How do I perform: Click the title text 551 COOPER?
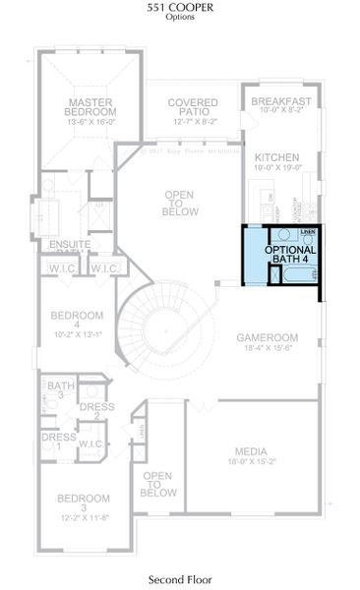179,8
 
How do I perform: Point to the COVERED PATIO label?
192,108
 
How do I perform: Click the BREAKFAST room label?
281,101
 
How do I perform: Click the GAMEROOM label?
267,337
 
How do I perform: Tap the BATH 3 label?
62,391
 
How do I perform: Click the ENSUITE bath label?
70,244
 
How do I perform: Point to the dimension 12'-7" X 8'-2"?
192,122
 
